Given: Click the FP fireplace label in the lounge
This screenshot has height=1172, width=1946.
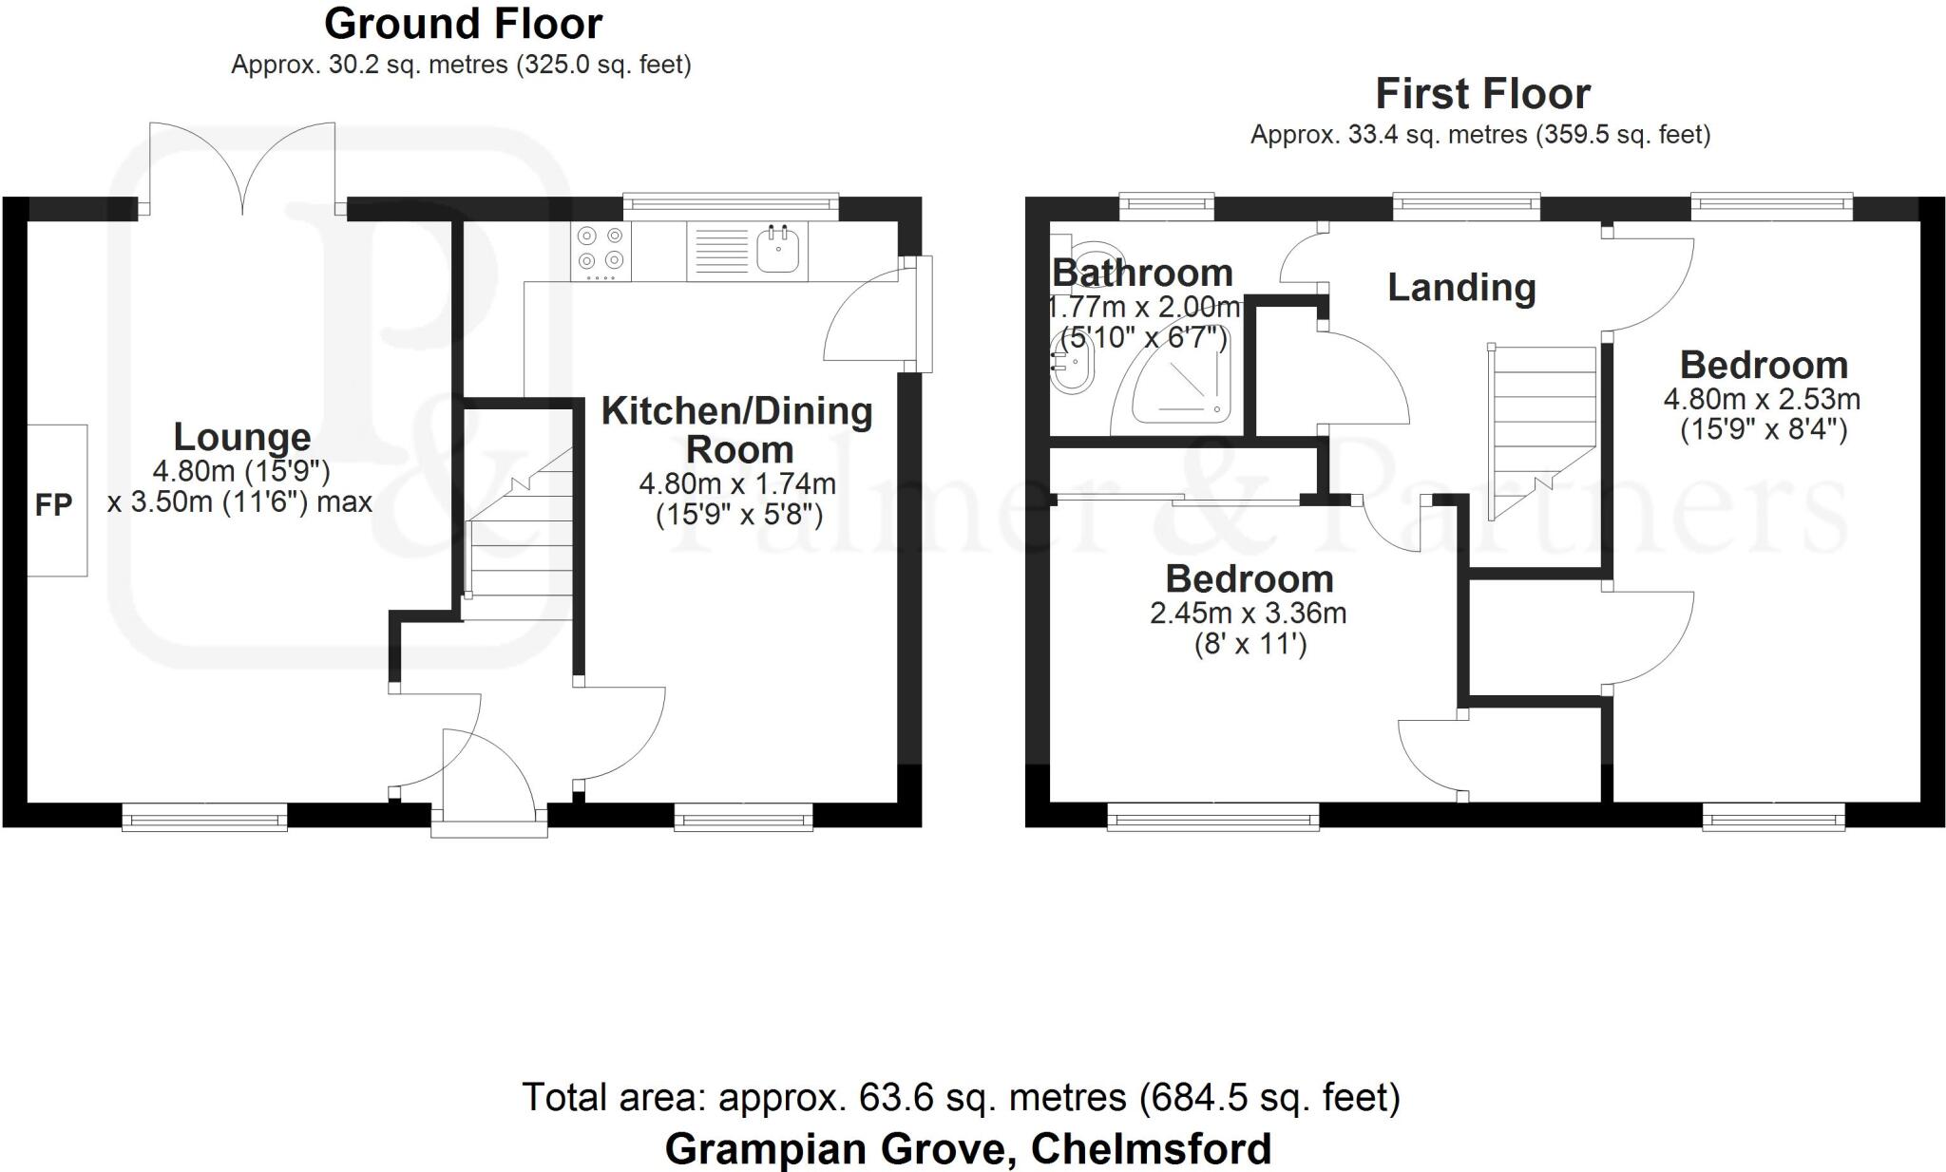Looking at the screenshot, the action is pyautogui.click(x=53, y=505).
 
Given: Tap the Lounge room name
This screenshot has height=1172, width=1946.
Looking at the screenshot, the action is pyautogui.click(x=242, y=437).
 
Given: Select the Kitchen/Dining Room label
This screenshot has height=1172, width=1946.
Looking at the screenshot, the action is pyautogui.click(x=737, y=429).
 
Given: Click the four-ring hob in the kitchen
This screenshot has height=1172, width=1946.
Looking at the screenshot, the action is pyautogui.click(x=601, y=251).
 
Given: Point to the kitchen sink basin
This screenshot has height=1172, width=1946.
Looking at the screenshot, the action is pyautogui.click(x=778, y=250).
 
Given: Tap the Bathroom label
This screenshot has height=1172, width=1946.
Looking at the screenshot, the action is pyautogui.click(x=1142, y=274).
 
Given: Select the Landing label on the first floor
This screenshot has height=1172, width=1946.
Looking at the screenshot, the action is pyautogui.click(x=1461, y=288).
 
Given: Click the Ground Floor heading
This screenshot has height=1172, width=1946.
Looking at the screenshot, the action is pyautogui.click(x=464, y=24).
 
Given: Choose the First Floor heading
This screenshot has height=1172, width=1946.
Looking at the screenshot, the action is pyautogui.click(x=1482, y=94).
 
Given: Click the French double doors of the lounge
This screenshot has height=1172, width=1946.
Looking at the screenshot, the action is pyautogui.click(x=243, y=167).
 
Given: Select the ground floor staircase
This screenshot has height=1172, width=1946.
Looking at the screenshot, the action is pyautogui.click(x=518, y=532).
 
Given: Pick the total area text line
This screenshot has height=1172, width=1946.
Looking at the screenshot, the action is pyautogui.click(x=961, y=1098).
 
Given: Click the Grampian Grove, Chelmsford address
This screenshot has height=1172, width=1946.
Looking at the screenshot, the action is pyautogui.click(x=967, y=1149).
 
